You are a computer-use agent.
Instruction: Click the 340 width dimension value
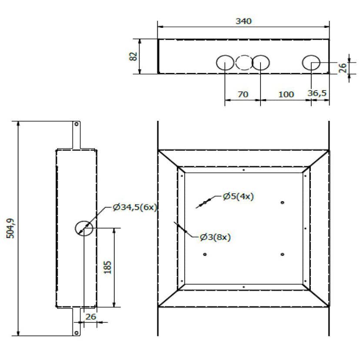click(x=243, y=21)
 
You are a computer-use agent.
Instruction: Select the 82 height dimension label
click(x=133, y=56)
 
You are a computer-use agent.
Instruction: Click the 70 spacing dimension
click(x=243, y=94)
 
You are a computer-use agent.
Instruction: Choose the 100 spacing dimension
click(x=286, y=94)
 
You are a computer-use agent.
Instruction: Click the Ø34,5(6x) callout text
click(x=134, y=207)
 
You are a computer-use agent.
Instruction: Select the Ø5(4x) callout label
click(x=238, y=197)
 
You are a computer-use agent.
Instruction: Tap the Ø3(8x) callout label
click(x=215, y=237)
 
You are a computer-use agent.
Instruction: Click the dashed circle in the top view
click(x=243, y=63)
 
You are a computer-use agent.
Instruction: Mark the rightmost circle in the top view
click(x=312, y=63)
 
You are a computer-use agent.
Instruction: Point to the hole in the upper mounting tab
click(x=77, y=124)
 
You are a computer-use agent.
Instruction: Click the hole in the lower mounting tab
click(x=77, y=333)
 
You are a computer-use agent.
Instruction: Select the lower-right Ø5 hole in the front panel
click(x=283, y=254)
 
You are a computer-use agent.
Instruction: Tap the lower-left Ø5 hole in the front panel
click(x=205, y=254)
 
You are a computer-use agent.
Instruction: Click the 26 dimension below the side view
click(x=90, y=317)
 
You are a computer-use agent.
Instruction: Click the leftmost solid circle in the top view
click(x=225, y=63)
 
